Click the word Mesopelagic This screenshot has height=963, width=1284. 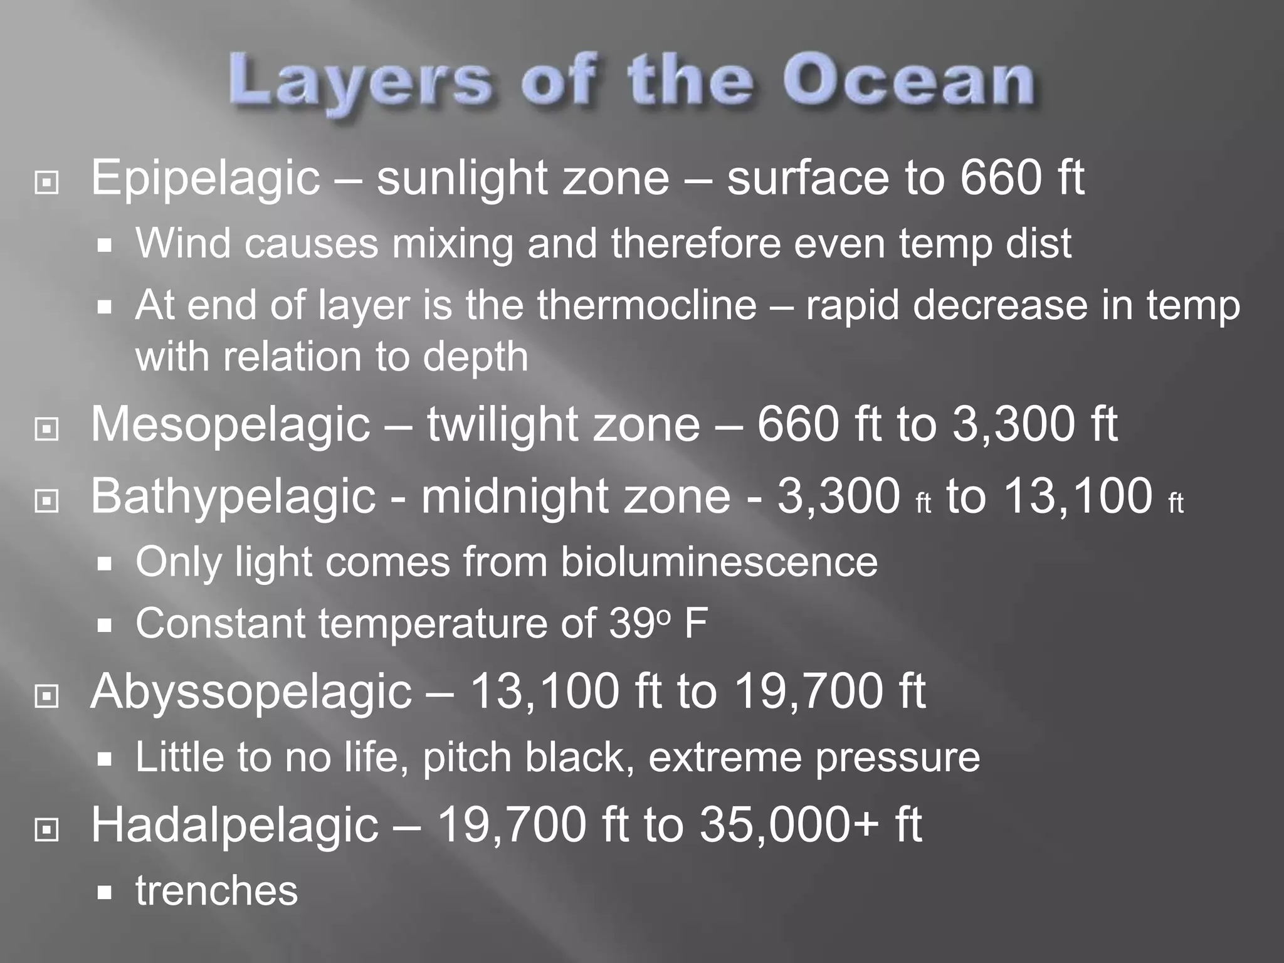(231, 426)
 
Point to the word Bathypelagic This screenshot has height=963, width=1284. (233, 497)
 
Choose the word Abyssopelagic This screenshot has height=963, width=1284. (251, 693)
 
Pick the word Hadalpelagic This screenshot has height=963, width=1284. (234, 826)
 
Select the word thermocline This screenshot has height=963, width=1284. (646, 305)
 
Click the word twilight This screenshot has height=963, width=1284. (500, 426)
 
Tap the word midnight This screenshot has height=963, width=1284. (513, 496)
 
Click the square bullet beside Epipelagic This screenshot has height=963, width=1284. (47, 183)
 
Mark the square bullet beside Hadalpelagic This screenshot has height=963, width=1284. (47, 830)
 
